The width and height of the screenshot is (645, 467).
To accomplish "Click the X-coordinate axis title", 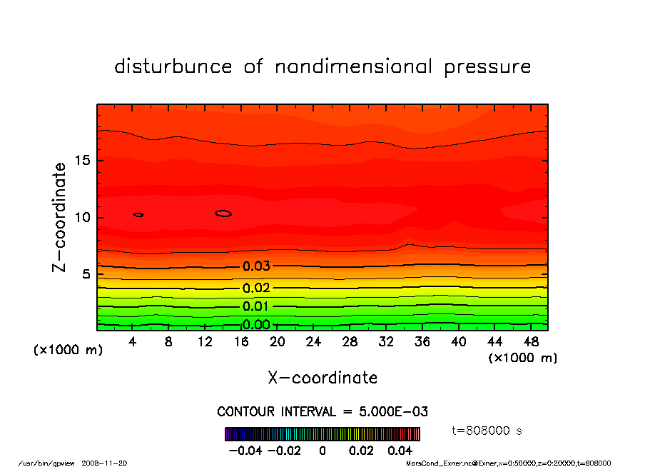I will [322, 378].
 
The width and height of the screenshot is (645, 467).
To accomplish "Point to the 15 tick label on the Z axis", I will [82, 160].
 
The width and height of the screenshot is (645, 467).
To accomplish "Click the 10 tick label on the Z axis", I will [82, 217].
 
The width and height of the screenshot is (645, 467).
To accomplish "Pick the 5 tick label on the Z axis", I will [86, 274].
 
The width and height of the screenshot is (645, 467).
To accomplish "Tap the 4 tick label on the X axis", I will [133, 342].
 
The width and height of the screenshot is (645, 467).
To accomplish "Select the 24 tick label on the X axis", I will [313, 342].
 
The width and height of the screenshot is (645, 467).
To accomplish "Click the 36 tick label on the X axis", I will [422, 342].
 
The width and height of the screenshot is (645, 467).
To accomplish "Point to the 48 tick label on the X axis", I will [530, 342].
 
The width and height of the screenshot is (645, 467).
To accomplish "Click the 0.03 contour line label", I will [256, 266].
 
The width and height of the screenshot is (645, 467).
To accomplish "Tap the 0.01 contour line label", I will [256, 306].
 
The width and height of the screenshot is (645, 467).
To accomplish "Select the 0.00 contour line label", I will [256, 325].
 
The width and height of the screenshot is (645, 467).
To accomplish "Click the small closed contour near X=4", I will [138, 214].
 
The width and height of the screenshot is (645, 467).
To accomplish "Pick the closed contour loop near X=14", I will [223, 213].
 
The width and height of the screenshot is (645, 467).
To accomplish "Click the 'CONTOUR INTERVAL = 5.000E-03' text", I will [322, 412].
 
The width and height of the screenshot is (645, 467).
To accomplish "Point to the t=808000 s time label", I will [487, 431].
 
